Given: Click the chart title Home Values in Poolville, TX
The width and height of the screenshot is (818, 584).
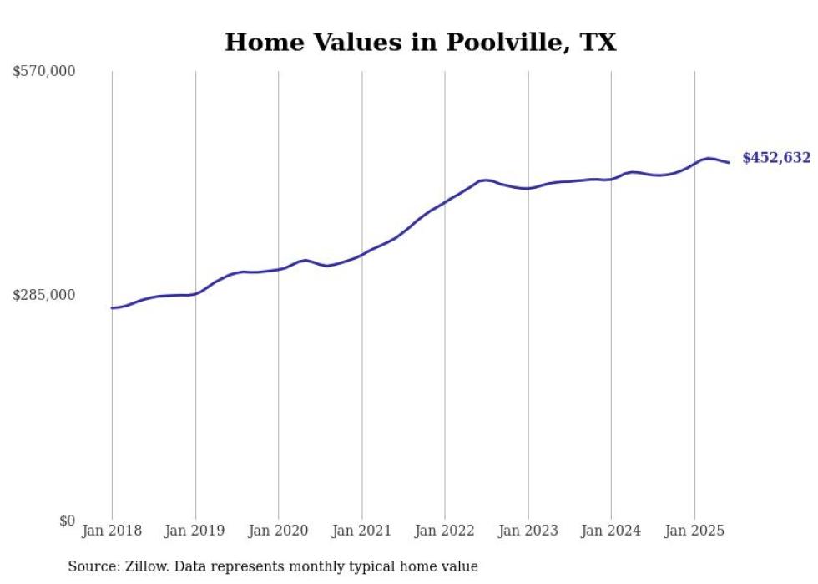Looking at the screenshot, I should click(x=421, y=43).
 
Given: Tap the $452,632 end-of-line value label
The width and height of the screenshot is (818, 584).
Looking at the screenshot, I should click(x=776, y=158).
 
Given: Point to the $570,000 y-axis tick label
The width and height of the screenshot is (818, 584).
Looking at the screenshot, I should click(x=44, y=72).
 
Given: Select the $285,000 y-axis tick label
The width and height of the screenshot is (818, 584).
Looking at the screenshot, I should click(x=44, y=295).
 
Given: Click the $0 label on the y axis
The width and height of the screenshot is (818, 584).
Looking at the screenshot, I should click(x=67, y=521).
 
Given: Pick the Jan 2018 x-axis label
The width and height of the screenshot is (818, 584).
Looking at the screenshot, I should click(x=112, y=531).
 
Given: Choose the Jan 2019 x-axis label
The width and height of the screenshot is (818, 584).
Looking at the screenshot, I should click(x=195, y=531).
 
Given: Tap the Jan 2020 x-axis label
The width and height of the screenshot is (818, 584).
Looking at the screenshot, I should click(x=279, y=531).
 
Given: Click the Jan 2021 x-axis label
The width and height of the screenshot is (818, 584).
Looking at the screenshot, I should click(x=362, y=531).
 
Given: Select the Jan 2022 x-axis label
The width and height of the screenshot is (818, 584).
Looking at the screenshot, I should click(x=445, y=531).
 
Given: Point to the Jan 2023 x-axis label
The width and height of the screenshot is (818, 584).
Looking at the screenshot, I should click(x=528, y=531).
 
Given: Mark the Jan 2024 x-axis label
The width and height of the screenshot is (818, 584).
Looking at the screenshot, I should click(x=612, y=531).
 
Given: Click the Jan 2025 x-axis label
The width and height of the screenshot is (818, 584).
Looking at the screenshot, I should click(x=694, y=531).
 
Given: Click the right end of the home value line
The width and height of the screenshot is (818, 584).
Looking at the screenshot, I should click(x=729, y=162).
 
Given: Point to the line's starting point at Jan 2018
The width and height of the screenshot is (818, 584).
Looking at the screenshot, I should click(x=112, y=308).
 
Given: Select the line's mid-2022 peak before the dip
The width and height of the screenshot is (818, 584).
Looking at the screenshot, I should click(x=484, y=180).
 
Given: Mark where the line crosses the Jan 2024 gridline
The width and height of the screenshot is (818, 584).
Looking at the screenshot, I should click(x=612, y=179).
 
